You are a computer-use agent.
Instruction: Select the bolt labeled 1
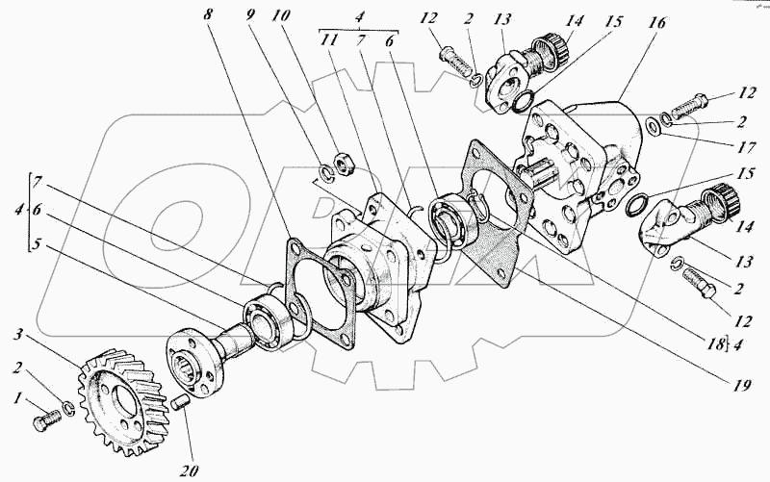(46, 420)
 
